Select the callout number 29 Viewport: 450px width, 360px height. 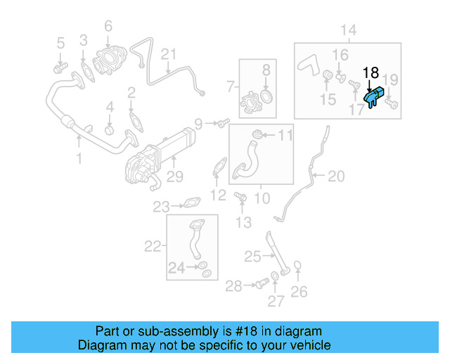click(x=174, y=176)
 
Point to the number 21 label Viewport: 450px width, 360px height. click(x=168, y=54)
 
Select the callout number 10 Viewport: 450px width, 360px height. click(x=261, y=198)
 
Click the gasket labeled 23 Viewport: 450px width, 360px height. click(x=190, y=205)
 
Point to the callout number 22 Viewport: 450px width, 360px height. click(x=153, y=246)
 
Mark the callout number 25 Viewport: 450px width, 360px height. click(x=252, y=257)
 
